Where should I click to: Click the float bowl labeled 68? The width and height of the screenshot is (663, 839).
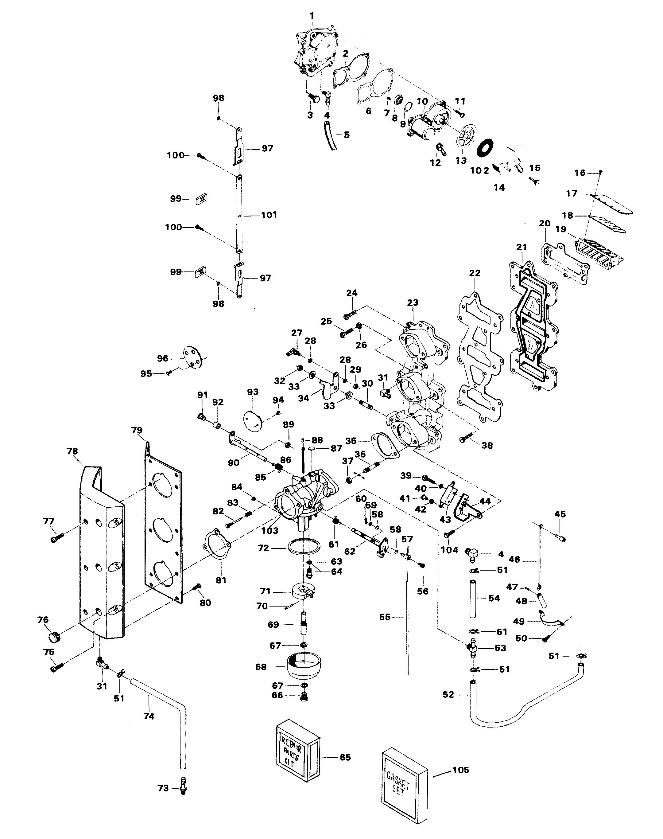[x=305, y=666]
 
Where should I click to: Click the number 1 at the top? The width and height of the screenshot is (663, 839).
[x=312, y=16]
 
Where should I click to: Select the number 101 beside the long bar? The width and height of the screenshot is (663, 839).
[x=269, y=214]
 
